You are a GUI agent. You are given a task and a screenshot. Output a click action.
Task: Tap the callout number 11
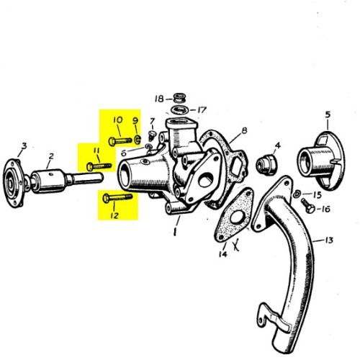[94, 150]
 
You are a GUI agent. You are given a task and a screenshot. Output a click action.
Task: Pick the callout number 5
[327, 114]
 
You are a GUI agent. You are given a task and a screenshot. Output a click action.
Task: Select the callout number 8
[244, 130]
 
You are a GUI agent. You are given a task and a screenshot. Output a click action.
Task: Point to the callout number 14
[222, 253]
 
